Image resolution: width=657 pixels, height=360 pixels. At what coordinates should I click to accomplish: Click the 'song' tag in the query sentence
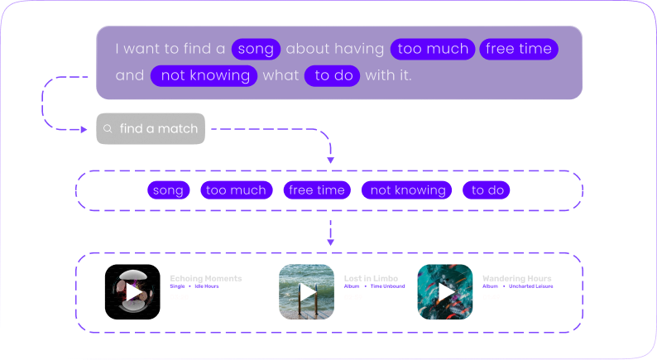[x=256, y=49]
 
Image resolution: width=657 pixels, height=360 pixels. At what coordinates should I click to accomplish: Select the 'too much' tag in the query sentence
[x=433, y=49]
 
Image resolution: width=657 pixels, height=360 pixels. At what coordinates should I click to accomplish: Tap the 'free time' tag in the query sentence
[x=519, y=49]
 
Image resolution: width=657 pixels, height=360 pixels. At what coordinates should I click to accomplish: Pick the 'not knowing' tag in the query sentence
[x=205, y=75]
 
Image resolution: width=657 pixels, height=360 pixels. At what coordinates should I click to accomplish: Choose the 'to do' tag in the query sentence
[x=332, y=75]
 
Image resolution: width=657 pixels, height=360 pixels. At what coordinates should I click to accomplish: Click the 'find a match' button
[x=151, y=129]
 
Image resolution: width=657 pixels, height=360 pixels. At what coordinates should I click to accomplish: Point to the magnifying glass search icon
[x=108, y=129]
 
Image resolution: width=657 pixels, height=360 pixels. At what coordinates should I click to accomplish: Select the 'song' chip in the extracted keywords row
[x=168, y=190]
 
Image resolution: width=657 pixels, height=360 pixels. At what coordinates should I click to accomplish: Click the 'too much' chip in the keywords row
[x=236, y=190]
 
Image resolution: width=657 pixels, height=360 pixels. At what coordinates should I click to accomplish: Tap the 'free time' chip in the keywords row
[x=317, y=190]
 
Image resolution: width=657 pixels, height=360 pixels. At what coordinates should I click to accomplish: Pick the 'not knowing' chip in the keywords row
[x=407, y=190]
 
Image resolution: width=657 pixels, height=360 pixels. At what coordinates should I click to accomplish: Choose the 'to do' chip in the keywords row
[x=487, y=190]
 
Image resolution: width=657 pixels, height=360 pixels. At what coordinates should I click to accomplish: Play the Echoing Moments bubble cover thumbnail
[x=132, y=292]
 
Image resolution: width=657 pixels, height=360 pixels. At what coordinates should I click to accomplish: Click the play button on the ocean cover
[x=306, y=292]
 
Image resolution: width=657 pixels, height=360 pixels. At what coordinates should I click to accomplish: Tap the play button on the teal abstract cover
[x=445, y=292]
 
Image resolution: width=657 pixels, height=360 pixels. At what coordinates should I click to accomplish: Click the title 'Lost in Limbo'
[x=371, y=278]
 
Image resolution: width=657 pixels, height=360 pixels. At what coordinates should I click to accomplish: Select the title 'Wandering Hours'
[x=516, y=278]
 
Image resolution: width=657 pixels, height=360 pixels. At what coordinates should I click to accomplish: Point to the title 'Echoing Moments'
[x=206, y=278]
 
